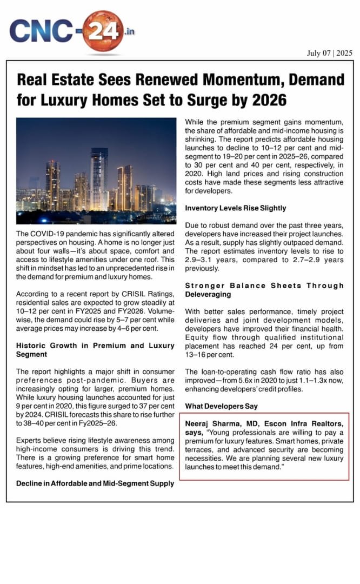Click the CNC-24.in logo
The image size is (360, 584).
[x=70, y=30]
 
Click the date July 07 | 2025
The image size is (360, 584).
[x=329, y=52]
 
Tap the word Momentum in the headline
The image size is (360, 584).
[x=256, y=81]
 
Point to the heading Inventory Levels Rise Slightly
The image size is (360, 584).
[x=236, y=208]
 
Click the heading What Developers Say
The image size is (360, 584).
[x=222, y=406]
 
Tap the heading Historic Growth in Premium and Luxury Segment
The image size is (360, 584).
[x=96, y=350]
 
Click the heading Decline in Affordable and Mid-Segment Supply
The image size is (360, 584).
[x=96, y=483]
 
